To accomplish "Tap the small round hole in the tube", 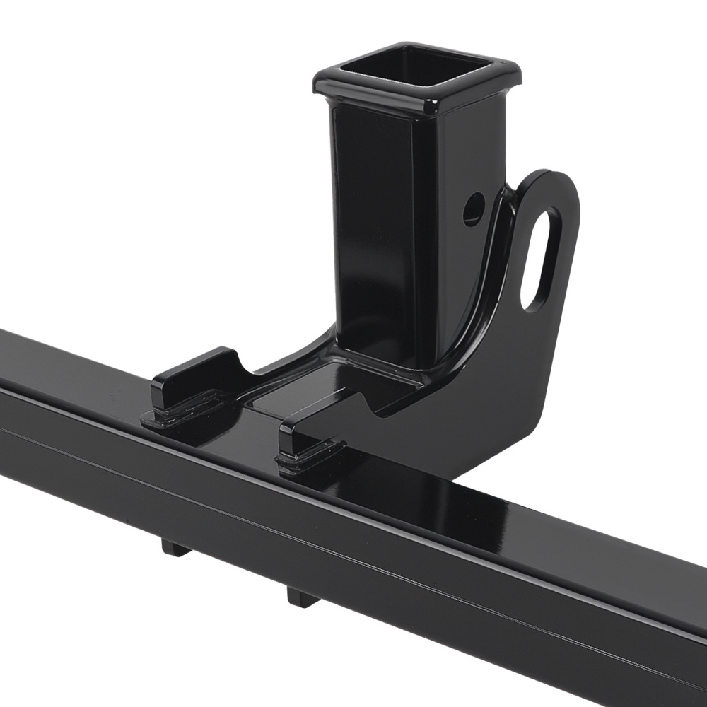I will click(x=474, y=209).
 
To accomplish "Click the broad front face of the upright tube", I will click(x=371, y=233).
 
